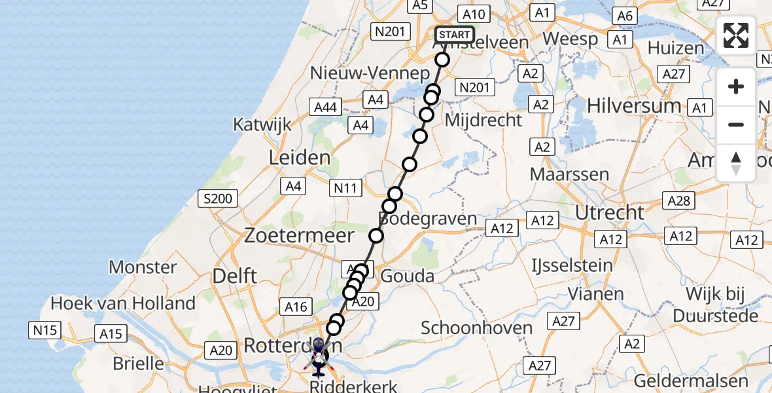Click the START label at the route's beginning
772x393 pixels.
point(454,35)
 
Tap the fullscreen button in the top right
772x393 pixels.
point(736,35)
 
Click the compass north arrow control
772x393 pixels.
point(736,163)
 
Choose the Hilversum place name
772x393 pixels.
point(634,105)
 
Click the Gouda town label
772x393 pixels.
point(407,276)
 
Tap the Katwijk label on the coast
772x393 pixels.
point(262,124)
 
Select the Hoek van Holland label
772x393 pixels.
point(123,303)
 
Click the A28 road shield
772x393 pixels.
point(678,200)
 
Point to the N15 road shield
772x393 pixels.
point(45,330)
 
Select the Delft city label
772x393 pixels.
point(235,276)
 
